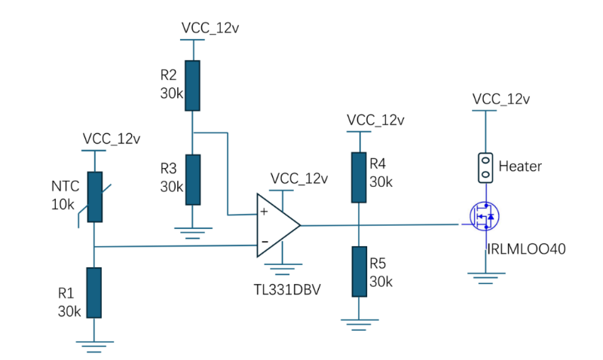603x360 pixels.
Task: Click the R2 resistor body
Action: pos(193,87)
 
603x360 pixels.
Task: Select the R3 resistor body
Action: pos(193,179)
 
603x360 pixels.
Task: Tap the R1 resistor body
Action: pos(94,292)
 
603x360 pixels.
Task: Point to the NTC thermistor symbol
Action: pos(94,197)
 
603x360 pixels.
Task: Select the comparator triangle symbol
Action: pos(277,224)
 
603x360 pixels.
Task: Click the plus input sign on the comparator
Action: pos(264,212)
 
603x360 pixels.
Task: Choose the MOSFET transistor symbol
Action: pos(485,217)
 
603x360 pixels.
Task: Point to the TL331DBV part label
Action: pos(286,289)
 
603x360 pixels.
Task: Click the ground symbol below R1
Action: pos(94,346)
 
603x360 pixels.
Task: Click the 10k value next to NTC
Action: pos(63,204)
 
